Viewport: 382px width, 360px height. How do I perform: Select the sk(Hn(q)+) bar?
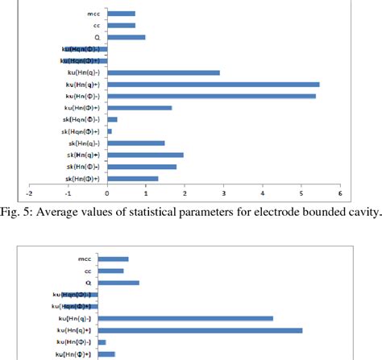click(x=145, y=155)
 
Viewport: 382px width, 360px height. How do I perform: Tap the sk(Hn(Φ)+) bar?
click(x=132, y=178)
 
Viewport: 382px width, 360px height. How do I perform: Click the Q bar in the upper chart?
click(x=126, y=37)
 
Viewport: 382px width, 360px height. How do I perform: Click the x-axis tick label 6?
click(x=340, y=194)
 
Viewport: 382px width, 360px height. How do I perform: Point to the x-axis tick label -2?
click(x=30, y=194)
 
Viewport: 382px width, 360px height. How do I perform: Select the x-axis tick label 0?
click(x=107, y=194)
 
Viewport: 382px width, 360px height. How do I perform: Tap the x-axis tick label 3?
click(x=224, y=194)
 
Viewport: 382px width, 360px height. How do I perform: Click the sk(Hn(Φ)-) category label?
click(x=84, y=167)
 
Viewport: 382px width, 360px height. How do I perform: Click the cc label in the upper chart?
click(x=96, y=26)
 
